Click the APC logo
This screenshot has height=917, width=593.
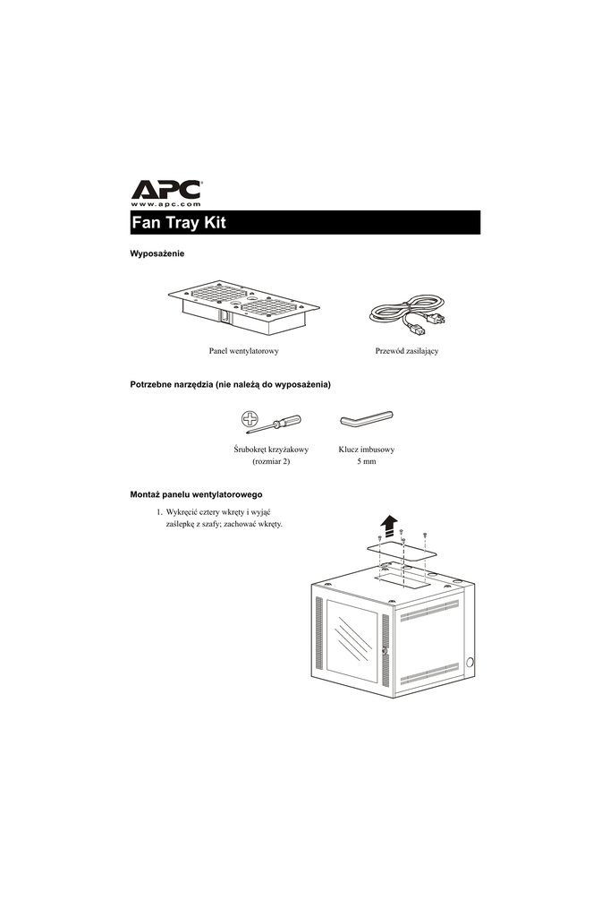[x=165, y=190]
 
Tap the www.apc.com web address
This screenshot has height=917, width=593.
[x=165, y=205]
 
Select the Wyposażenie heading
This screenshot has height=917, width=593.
[x=157, y=255]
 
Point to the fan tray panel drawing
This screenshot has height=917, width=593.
[x=243, y=310]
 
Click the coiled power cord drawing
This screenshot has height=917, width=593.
[x=406, y=313]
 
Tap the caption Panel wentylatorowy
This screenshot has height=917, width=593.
[x=243, y=351]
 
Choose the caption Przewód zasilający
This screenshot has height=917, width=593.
[x=406, y=351]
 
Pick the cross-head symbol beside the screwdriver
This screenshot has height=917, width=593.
[x=250, y=418]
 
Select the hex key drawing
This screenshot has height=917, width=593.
[x=366, y=419]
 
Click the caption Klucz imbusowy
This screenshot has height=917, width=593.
[x=367, y=449]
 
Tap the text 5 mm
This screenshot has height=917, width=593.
[x=366, y=462]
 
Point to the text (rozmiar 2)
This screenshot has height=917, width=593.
[x=271, y=462]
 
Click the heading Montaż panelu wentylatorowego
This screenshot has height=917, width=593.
[x=196, y=494]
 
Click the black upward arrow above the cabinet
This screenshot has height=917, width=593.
[x=387, y=522]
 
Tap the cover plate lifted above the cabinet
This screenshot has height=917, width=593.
[x=402, y=551]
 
